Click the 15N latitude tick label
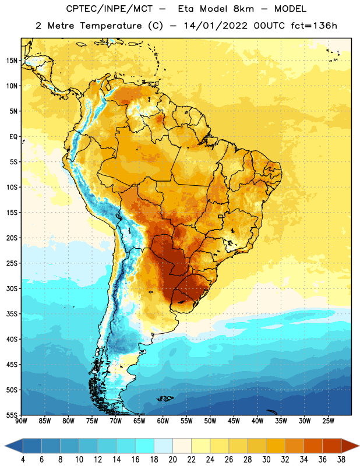[x=12, y=61]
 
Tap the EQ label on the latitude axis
[x=13, y=137]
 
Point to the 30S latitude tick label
[x=12, y=288]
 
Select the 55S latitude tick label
[x=12, y=415]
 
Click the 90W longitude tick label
[x=21, y=421]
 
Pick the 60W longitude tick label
[x=163, y=421]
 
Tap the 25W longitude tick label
[x=328, y=421]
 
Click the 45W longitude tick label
[x=234, y=421]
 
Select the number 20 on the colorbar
[x=172, y=460]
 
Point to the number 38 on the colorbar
[x=341, y=460]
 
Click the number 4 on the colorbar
[x=23, y=460]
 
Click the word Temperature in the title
[x=111, y=26]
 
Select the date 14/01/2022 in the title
[x=216, y=26]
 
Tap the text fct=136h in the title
[x=314, y=26]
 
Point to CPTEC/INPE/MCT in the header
[x=110, y=9]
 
